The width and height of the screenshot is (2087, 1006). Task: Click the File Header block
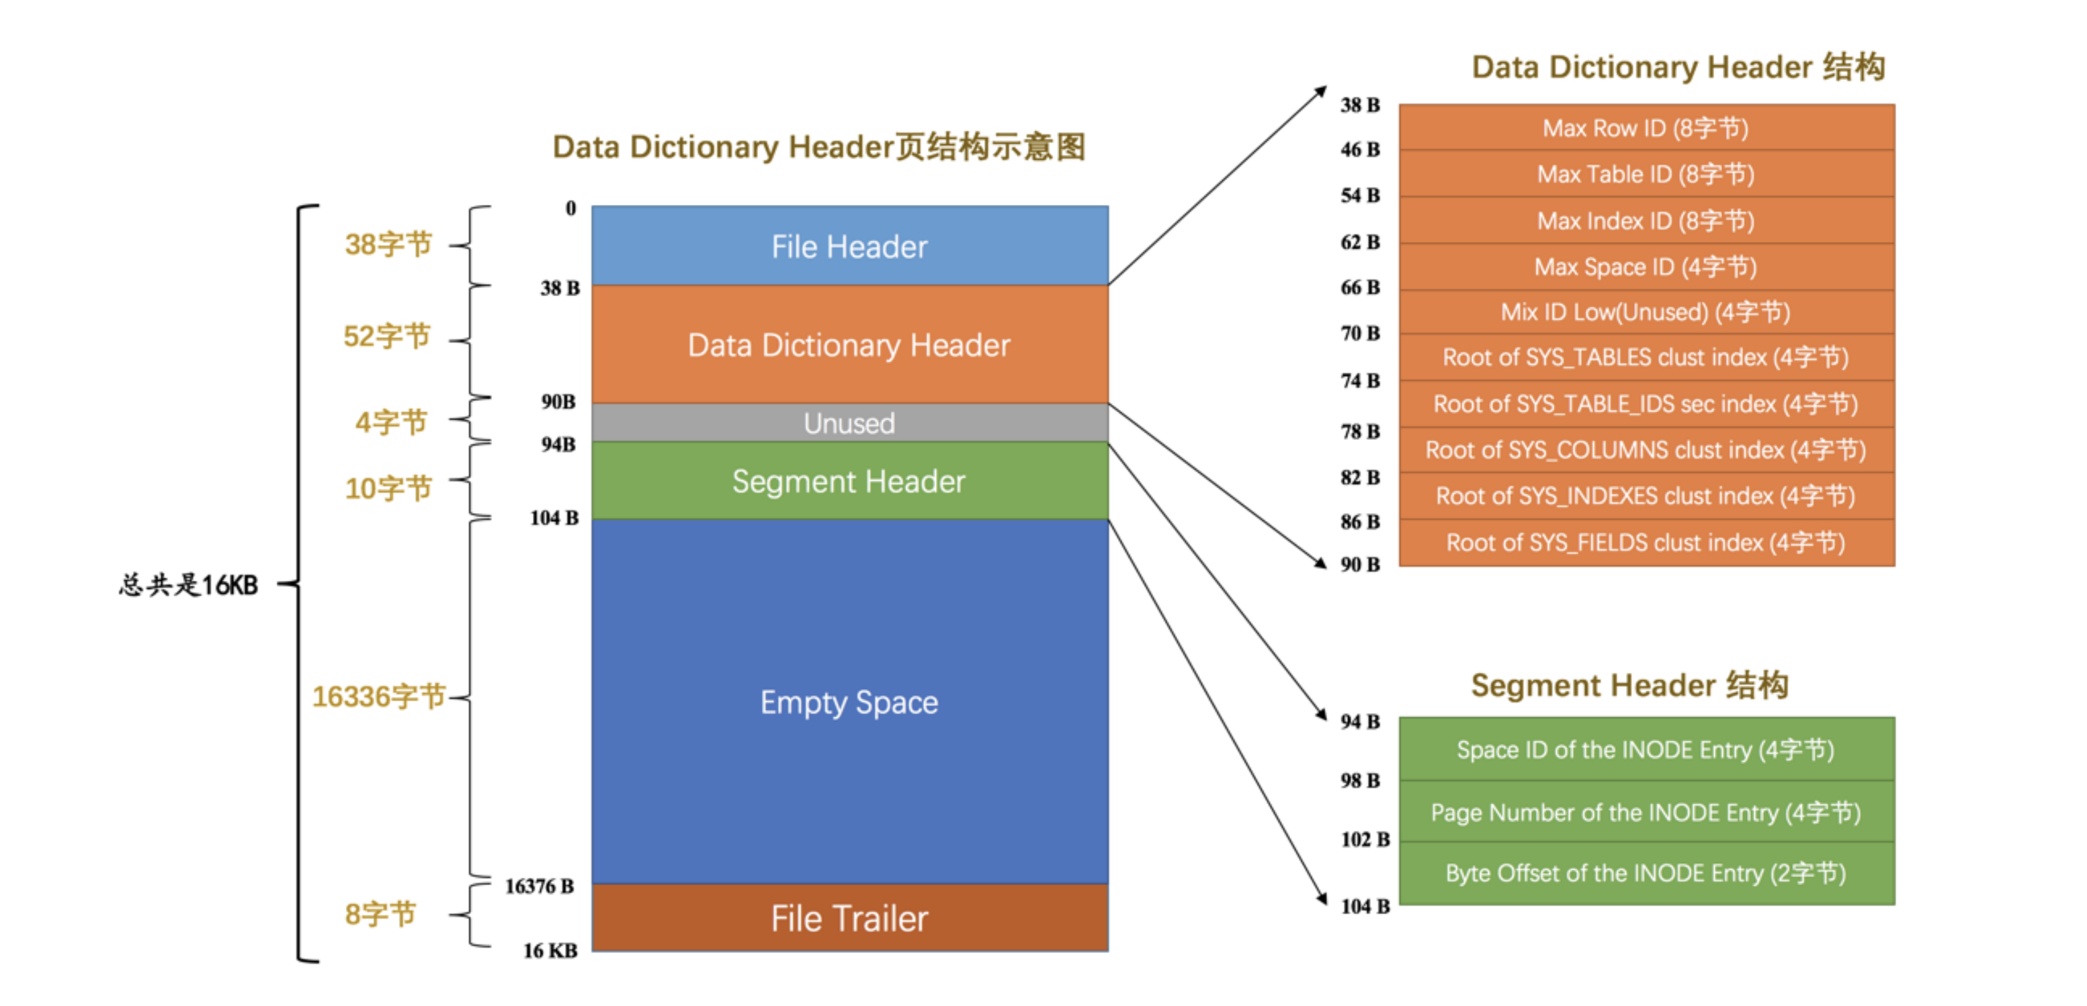(849, 246)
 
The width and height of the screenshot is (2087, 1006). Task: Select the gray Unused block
(849, 423)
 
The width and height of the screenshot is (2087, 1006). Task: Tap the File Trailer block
(849, 919)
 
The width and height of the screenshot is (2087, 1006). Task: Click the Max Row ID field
(1646, 128)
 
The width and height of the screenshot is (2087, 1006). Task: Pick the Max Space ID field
(1646, 267)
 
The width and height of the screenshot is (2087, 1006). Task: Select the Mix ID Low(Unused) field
(1646, 312)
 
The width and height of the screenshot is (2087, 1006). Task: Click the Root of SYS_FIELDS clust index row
(1646, 542)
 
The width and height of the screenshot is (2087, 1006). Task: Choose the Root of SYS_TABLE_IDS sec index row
(1646, 404)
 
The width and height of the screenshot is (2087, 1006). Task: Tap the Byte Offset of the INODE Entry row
(1646, 873)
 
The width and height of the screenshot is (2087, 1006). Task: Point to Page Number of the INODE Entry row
(1646, 812)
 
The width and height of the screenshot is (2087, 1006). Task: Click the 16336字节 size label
(378, 696)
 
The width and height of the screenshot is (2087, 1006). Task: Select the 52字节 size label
(386, 336)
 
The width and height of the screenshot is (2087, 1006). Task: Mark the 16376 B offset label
(540, 886)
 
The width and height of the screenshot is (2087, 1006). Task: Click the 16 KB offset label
(550, 950)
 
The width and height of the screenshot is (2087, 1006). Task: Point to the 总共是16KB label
(189, 584)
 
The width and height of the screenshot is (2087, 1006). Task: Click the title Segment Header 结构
(1629, 685)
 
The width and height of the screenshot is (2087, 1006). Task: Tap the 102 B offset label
(1365, 839)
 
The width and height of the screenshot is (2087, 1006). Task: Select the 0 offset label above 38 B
(570, 208)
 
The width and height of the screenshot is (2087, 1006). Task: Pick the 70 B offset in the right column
(1360, 333)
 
